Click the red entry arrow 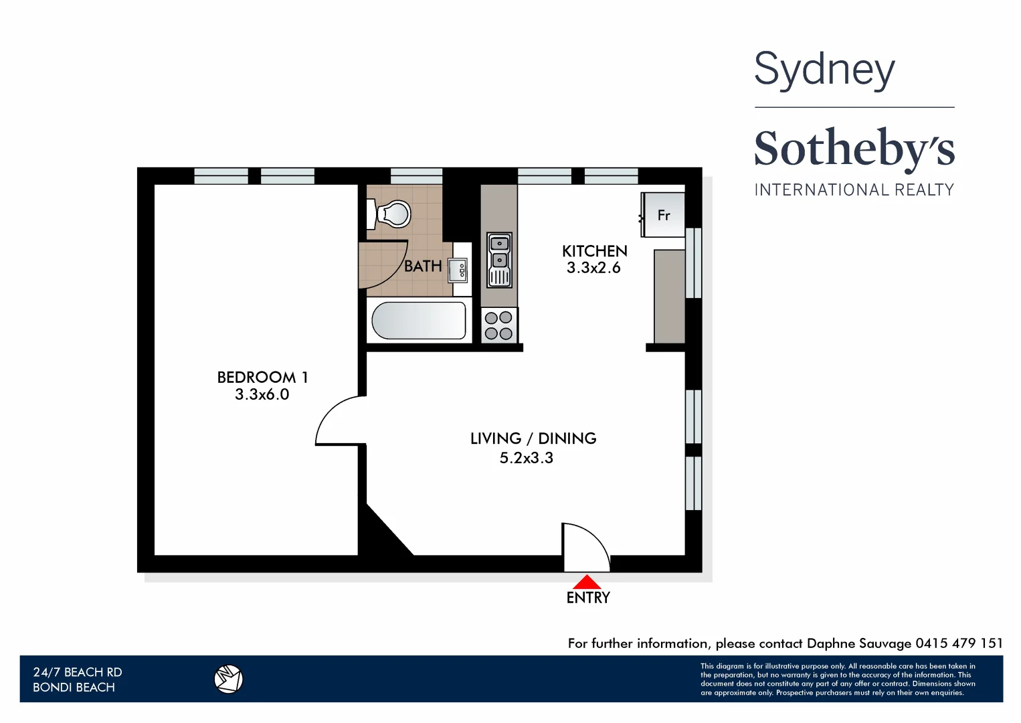coord(587,582)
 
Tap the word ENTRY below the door coord(588,598)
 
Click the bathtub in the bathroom coord(419,321)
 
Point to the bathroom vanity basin coord(459,270)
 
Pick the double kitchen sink coord(499,260)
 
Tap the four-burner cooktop coord(499,325)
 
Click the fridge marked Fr coord(663,215)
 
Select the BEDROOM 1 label coord(262,378)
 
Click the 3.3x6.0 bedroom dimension coord(262,395)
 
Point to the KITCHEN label coord(594,251)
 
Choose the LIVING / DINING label coord(533,438)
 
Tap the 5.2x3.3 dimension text coord(527,458)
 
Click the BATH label coord(423,266)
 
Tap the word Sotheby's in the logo coord(854,149)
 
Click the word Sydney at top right coord(824,70)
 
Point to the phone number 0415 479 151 coord(959,643)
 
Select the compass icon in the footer coord(228,679)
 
